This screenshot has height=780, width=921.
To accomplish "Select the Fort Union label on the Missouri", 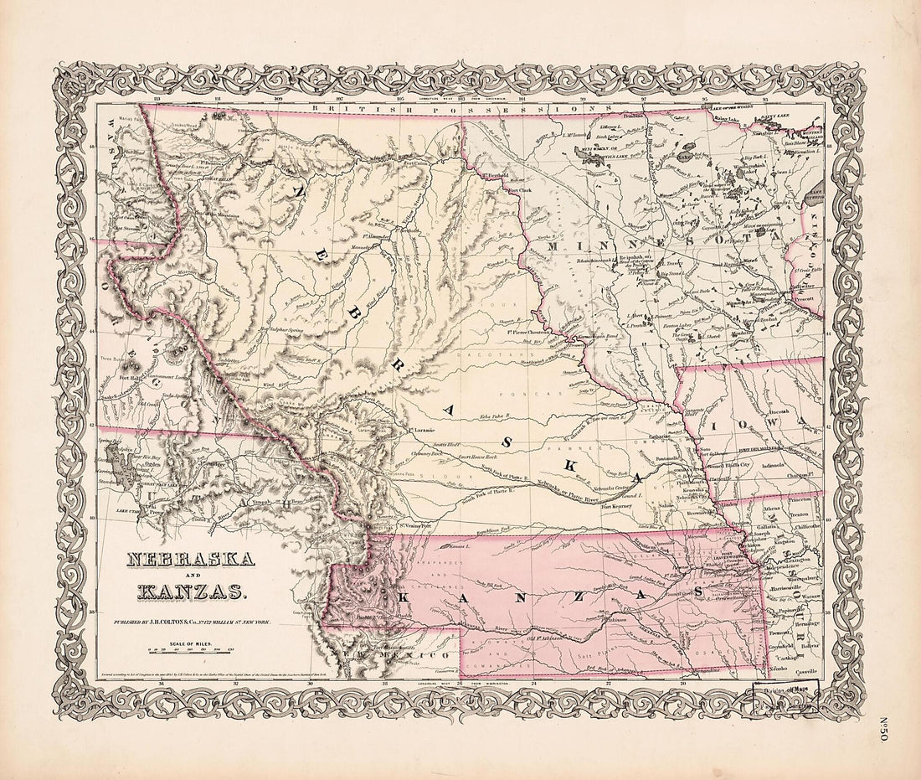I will click(414, 163).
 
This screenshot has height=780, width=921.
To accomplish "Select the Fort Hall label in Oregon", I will click(131, 377).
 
